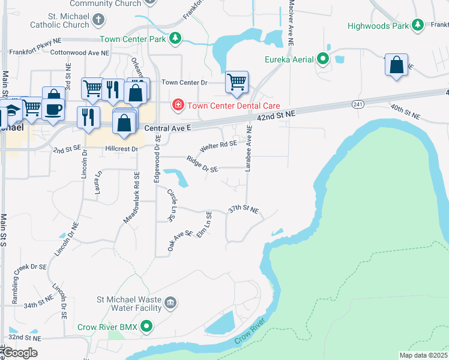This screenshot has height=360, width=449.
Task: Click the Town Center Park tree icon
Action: pos(175,39)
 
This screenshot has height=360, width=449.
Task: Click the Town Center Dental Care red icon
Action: pos(178,106)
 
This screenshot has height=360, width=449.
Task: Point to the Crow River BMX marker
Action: pos(146,327)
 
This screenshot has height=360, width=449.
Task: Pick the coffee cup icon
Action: pos(53,108)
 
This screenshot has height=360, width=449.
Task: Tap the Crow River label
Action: pos(250,332)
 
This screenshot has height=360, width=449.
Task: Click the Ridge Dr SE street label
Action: pos(202,164)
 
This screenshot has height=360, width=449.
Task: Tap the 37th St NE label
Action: pos(243,210)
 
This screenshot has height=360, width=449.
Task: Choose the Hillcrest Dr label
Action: pos(122,148)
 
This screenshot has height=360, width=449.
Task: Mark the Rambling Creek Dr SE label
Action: pos(30,267)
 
